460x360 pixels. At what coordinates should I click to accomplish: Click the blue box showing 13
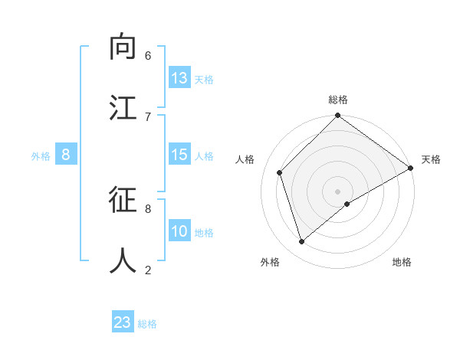tap(179, 78)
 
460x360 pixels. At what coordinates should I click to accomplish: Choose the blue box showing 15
tap(179, 155)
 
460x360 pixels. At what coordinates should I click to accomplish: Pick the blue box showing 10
tap(179, 231)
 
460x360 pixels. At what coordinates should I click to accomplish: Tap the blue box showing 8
tap(66, 155)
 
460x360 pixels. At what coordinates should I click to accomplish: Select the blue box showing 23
tap(123, 322)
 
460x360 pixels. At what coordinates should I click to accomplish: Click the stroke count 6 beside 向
tap(148, 56)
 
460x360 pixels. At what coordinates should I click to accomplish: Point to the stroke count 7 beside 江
tap(148, 116)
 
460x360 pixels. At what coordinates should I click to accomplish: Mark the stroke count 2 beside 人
tap(148, 270)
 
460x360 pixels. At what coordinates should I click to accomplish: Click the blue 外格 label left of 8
tap(41, 156)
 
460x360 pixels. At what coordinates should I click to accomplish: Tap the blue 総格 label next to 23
tap(147, 324)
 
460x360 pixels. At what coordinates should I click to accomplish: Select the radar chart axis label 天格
tap(431, 159)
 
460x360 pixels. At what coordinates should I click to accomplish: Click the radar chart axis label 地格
tap(402, 262)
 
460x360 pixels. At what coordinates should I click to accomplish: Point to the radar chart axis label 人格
tap(245, 159)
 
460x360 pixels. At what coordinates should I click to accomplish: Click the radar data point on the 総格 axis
tap(337, 116)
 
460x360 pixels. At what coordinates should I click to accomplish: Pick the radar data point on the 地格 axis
tap(347, 204)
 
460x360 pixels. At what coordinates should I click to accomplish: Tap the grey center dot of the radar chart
tap(337, 191)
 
